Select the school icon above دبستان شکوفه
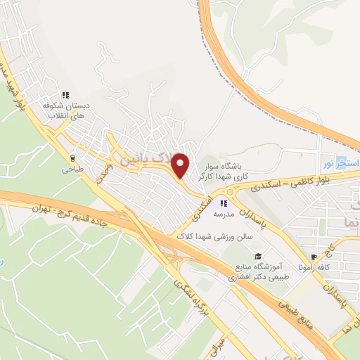[x=65, y=95]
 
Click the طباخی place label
[x=72, y=169]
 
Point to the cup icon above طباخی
[x=72, y=158]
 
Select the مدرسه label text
[x=224, y=214]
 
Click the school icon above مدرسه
[x=224, y=204]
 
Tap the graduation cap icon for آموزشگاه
[x=258, y=257]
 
